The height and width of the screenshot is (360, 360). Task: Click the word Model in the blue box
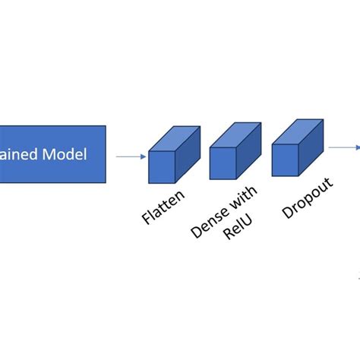tap(65, 155)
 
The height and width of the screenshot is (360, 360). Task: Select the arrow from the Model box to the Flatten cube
tap(130, 157)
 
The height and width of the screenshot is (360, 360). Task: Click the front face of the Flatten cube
tap(163, 167)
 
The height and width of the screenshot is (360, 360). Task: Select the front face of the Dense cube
tap(223, 163)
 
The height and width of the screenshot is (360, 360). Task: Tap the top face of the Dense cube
tap(236, 135)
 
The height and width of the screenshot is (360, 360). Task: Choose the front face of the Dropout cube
tap(286, 159)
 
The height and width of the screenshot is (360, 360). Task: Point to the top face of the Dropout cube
tap(298, 131)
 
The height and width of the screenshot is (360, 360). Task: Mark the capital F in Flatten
tap(146, 221)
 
